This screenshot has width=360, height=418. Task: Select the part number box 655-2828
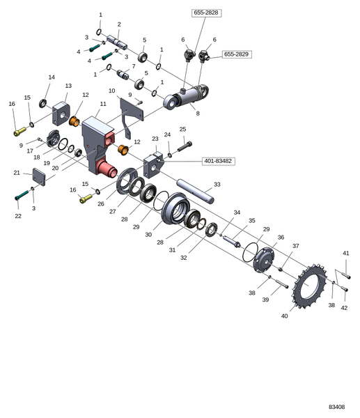pos(206,13)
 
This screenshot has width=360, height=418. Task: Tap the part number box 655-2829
pos(237,54)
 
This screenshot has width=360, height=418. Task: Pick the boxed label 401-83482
pos(218,161)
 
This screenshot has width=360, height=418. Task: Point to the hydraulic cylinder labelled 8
pos(186,96)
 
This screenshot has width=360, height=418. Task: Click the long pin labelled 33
pos(196,192)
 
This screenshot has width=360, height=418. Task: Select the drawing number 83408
pos(336,407)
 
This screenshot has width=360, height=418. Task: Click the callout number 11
pos(103,104)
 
